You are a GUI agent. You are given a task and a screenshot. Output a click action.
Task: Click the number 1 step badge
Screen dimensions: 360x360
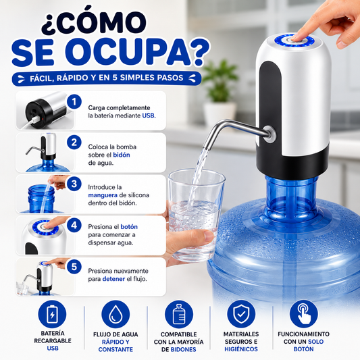point(74,102)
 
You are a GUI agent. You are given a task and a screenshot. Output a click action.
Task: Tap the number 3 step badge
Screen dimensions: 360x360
point(74,184)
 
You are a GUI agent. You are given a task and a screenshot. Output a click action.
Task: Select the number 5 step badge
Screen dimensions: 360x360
point(74,267)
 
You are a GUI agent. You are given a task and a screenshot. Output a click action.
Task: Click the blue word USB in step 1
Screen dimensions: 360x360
point(149,115)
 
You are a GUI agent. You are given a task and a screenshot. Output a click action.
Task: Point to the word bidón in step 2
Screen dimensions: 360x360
point(122,155)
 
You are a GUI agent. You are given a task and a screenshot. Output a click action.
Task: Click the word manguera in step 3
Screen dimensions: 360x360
point(103,195)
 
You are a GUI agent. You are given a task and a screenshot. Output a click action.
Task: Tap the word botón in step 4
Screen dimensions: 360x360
point(129,227)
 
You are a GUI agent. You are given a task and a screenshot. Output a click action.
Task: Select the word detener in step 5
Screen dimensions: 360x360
point(113,279)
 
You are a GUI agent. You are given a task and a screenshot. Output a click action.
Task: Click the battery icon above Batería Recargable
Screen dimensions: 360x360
point(52,314)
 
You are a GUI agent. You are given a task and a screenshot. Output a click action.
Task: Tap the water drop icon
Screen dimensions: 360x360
point(115,314)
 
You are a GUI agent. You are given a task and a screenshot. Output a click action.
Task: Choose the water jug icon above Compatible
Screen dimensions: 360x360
point(179,314)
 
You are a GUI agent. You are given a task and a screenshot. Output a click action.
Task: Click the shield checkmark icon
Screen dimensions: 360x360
point(241,314)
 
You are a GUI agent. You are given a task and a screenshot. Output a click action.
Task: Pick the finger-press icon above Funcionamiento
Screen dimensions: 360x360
point(303,314)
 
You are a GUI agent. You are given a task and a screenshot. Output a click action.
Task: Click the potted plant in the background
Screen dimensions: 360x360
point(219,93)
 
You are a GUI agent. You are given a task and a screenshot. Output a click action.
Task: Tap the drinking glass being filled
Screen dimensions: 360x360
point(196,215)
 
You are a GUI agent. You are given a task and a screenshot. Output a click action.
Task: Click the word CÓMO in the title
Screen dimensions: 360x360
point(94,22)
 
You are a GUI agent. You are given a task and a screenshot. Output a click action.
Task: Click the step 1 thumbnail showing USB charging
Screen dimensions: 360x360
point(45,111)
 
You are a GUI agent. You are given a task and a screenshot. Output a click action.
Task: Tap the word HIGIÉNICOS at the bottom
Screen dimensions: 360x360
point(241,349)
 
